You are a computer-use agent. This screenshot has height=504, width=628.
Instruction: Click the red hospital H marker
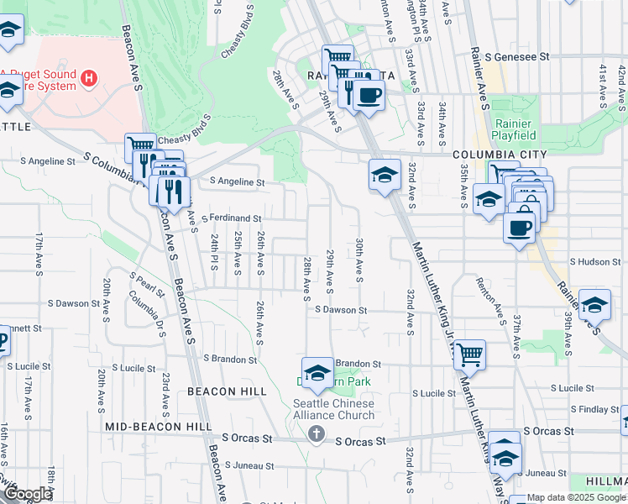(x=89, y=80)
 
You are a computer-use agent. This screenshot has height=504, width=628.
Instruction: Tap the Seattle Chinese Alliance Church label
(x=333, y=409)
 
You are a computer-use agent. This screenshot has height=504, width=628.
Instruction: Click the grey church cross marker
(x=317, y=434)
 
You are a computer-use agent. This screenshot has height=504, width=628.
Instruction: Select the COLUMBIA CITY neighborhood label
(x=500, y=155)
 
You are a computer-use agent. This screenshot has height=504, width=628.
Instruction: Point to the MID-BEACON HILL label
(x=159, y=427)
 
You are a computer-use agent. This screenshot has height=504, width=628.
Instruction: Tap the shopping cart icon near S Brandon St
(x=468, y=354)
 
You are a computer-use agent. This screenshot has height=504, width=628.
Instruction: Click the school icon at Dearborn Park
(x=317, y=374)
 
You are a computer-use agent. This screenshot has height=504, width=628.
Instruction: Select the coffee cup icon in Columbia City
(x=520, y=227)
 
